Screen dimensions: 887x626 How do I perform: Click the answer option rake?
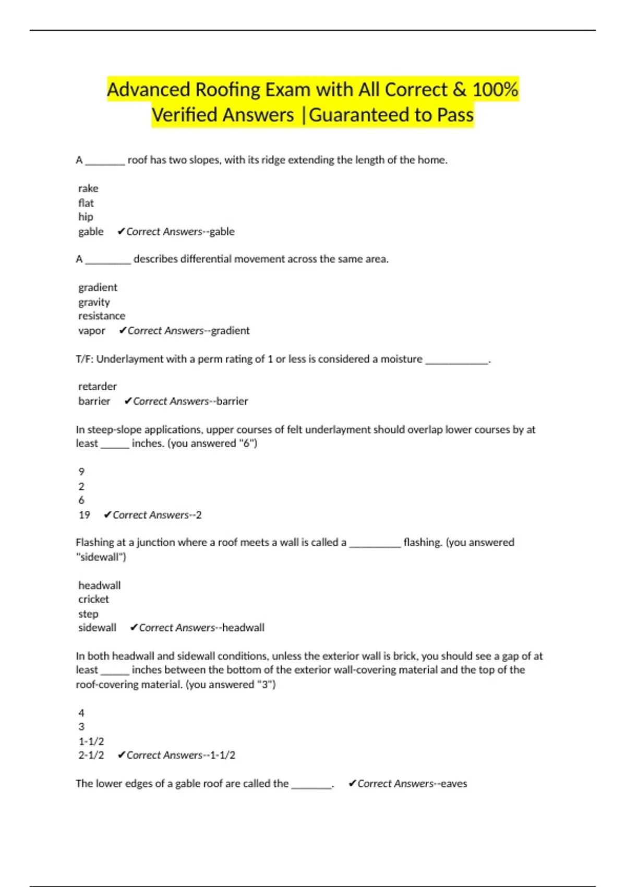(88, 188)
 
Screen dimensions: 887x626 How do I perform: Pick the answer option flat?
(86, 203)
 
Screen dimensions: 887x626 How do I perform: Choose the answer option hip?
(86, 217)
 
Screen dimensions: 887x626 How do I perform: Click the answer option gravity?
(94, 302)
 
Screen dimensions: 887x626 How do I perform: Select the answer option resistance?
(102, 316)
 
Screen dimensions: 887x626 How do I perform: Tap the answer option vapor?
(92, 331)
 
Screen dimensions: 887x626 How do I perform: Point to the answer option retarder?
(98, 387)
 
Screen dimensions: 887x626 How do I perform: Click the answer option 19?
(85, 515)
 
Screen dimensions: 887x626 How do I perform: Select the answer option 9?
(81, 472)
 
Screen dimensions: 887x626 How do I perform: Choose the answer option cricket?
(94, 600)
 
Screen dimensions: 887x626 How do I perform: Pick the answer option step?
(88, 614)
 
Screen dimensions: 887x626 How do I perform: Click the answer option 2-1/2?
(91, 755)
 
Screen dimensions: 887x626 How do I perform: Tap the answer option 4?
(81, 713)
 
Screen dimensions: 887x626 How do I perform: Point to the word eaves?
(454, 784)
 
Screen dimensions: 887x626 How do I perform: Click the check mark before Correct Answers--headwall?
(134, 628)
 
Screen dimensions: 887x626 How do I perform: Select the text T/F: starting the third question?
(85, 359)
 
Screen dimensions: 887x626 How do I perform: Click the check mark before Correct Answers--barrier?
(128, 401)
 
